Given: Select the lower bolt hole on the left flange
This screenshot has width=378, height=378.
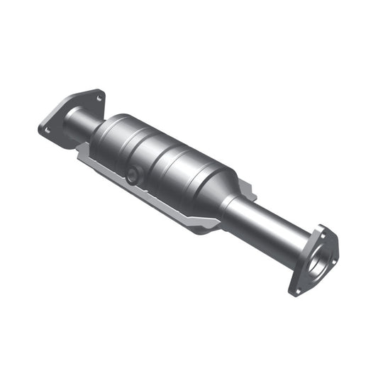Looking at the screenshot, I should tap(47, 130).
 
